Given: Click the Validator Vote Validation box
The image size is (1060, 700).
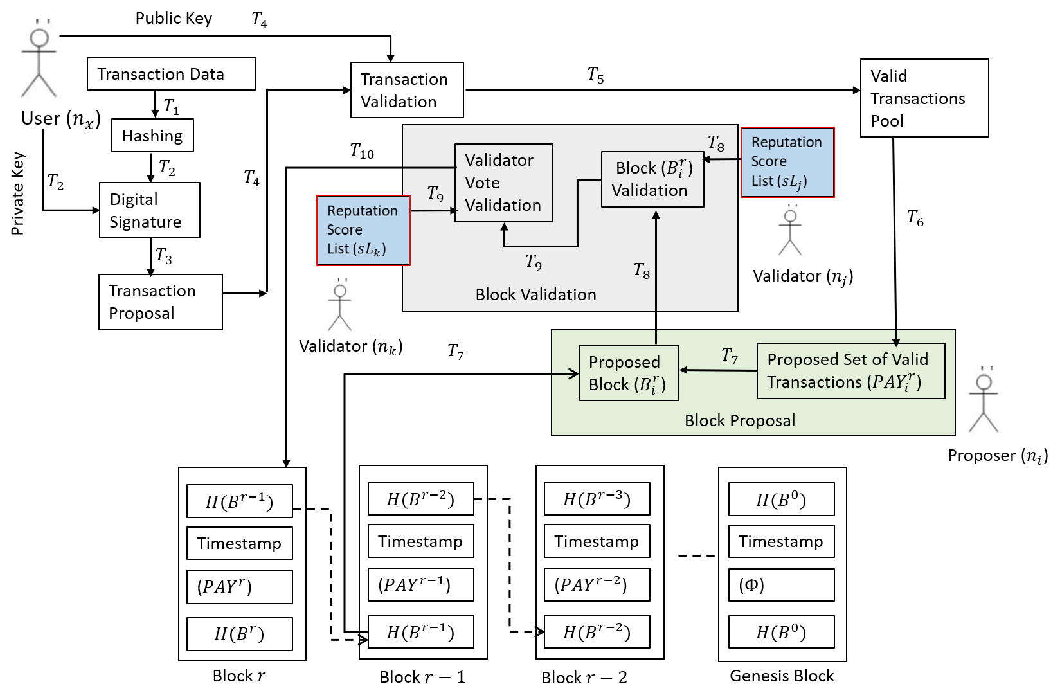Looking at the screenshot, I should (503, 183).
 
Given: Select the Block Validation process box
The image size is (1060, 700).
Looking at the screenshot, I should (652, 179).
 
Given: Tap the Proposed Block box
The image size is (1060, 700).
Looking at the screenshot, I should (628, 373).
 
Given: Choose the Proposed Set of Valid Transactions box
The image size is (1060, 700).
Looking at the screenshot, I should (850, 371).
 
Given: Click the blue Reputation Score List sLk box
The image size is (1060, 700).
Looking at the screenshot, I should (363, 230).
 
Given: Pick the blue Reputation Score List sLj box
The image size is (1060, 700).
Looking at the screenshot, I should (787, 162).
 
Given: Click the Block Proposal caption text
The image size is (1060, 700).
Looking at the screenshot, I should (739, 420).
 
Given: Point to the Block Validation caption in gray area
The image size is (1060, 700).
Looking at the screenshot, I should (535, 294).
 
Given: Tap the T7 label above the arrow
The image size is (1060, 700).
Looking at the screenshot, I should (730, 355).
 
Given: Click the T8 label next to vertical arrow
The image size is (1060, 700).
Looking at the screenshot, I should (642, 271).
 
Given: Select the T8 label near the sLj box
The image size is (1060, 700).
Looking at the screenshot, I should (715, 143).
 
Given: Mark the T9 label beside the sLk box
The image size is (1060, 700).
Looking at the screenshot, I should (435, 193).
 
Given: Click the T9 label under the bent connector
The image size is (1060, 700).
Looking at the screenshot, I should (534, 262).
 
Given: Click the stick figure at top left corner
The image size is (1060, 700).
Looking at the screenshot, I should (40, 62).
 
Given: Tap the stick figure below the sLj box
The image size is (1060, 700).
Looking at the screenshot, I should (791, 232).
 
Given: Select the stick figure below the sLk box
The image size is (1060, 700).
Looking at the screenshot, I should (340, 307).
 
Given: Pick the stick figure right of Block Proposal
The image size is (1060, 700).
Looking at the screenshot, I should (984, 403).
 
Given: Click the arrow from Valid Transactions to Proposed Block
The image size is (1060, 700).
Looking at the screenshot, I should (717, 370).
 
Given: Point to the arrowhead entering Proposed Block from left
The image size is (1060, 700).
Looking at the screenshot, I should (574, 373).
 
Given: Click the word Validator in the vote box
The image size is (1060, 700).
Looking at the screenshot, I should (499, 160).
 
